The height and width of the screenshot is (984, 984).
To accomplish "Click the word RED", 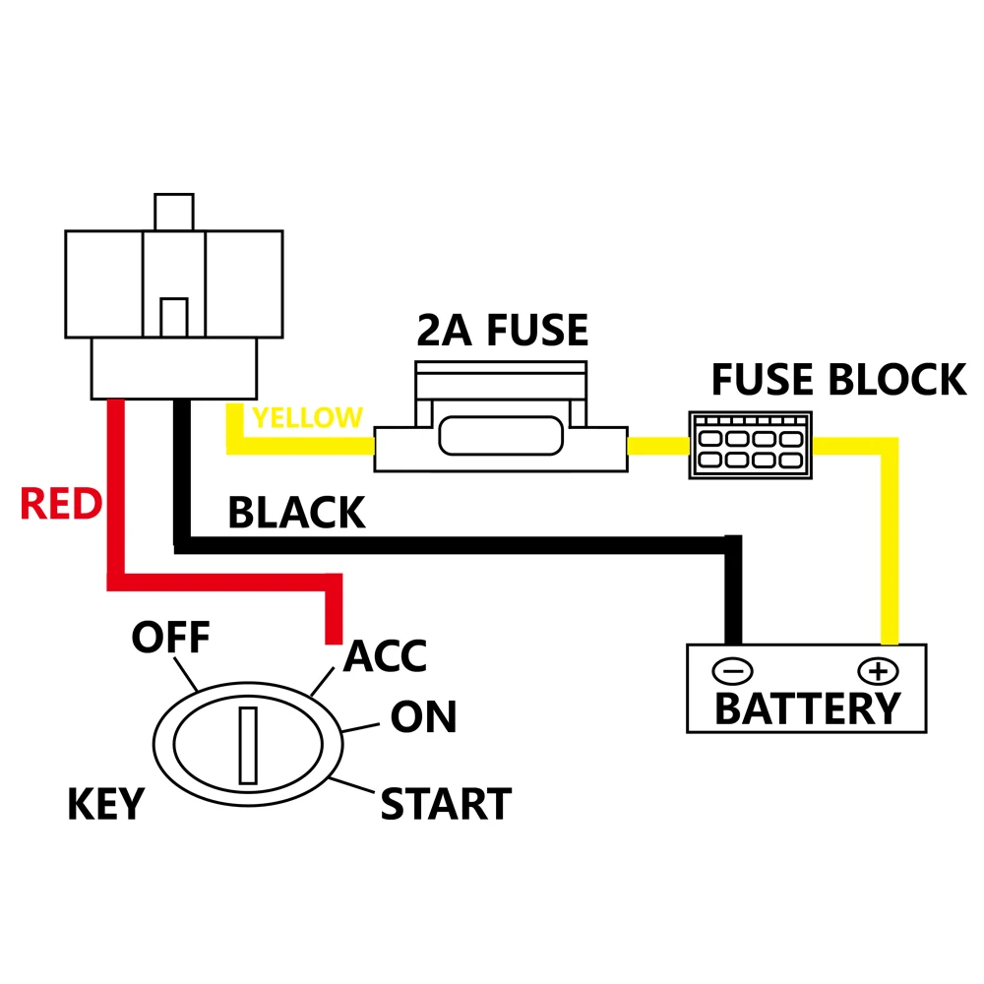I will pyautogui.click(x=61, y=505).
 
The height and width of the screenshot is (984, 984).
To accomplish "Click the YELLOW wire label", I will pyautogui.click(x=306, y=418).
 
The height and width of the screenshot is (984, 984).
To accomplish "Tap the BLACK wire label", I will pyautogui.click(x=296, y=513).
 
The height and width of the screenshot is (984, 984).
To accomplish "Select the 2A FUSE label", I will pyautogui.click(x=502, y=332).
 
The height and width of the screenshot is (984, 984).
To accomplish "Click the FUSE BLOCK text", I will pyautogui.click(x=838, y=380).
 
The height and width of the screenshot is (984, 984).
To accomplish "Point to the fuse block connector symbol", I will pyautogui.click(x=751, y=445).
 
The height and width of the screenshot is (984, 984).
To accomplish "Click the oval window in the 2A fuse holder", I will pyautogui.click(x=502, y=436).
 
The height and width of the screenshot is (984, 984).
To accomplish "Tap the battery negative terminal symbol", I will pyautogui.click(x=732, y=671).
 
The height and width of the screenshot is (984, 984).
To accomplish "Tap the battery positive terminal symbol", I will pyautogui.click(x=878, y=671).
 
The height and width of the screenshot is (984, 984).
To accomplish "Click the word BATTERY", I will pyautogui.click(x=807, y=708).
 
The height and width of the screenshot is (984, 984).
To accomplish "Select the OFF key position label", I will pyautogui.click(x=171, y=638).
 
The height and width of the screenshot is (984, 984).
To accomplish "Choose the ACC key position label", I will pyautogui.click(x=386, y=656).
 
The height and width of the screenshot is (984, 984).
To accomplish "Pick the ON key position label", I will pyautogui.click(x=423, y=717).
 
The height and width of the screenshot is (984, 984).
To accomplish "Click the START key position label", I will pyautogui.click(x=446, y=804).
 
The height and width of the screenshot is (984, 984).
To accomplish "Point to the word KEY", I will pyautogui.click(x=105, y=805).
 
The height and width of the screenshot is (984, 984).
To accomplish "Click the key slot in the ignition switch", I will pyautogui.click(x=248, y=744).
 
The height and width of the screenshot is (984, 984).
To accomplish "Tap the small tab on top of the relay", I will pyautogui.click(x=173, y=212).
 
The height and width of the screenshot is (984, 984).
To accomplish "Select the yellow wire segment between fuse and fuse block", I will pyautogui.click(x=657, y=446).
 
